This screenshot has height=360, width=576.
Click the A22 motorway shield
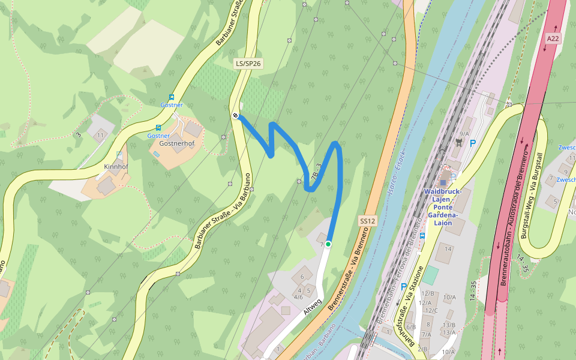click(553, 38)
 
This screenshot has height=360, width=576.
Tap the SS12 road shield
click(367, 221)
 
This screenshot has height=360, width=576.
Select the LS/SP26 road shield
click(248, 63)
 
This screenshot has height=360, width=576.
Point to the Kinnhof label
click(116, 166)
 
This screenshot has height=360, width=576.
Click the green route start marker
click(328, 244)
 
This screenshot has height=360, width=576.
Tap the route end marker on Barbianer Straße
click(235, 116)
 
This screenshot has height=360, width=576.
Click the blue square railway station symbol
click(443, 182)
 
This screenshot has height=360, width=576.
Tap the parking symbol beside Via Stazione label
click(403, 287)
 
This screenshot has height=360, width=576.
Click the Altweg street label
click(313, 307)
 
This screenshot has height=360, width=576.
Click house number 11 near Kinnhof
click(100, 136)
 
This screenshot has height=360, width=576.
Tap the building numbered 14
click(447, 249)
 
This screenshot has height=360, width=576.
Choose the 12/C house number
click(431, 310)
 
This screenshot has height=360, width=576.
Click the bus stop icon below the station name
click(422, 236)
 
